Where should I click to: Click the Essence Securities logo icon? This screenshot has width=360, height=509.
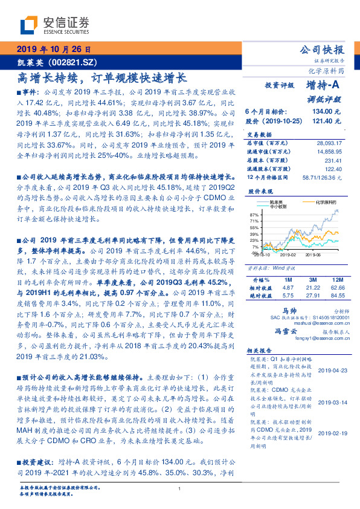click(x=30, y=25)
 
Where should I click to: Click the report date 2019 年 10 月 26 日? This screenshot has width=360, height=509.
click(x=53, y=49)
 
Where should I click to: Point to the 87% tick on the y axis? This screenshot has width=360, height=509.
click(x=254, y=215)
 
